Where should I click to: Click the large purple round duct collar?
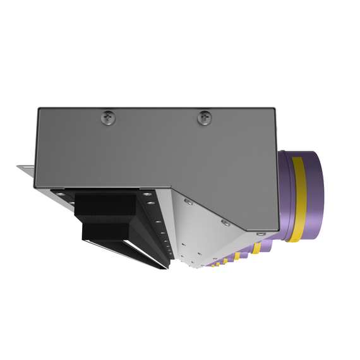coord(313,196)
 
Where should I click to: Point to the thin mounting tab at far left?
coord(25,169)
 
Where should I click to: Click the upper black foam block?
coord(106,205)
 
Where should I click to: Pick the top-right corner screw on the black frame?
coord(147,193)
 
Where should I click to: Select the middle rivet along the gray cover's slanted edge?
coord(224,222)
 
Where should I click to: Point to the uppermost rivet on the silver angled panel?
coord(188,201)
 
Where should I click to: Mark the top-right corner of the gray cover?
coord(276,109)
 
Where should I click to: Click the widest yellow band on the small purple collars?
coord(259,248)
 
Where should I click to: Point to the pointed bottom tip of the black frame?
coord(168,268)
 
